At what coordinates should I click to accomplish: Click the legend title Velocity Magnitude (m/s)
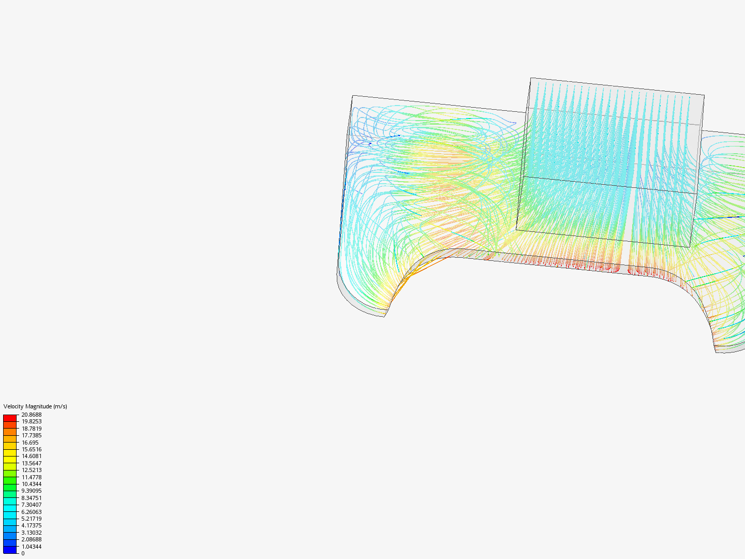[35, 406]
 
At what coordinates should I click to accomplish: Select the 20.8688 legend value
[32, 415]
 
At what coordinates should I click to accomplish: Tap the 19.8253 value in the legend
[32, 421]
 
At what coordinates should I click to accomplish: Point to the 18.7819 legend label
[32, 429]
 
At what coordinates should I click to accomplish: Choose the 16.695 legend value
[30, 443]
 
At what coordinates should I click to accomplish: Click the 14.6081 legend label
[32, 456]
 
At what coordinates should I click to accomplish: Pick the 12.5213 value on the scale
[32, 470]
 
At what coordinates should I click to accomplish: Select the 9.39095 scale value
[32, 491]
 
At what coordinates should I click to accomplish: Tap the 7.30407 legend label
[32, 505]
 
